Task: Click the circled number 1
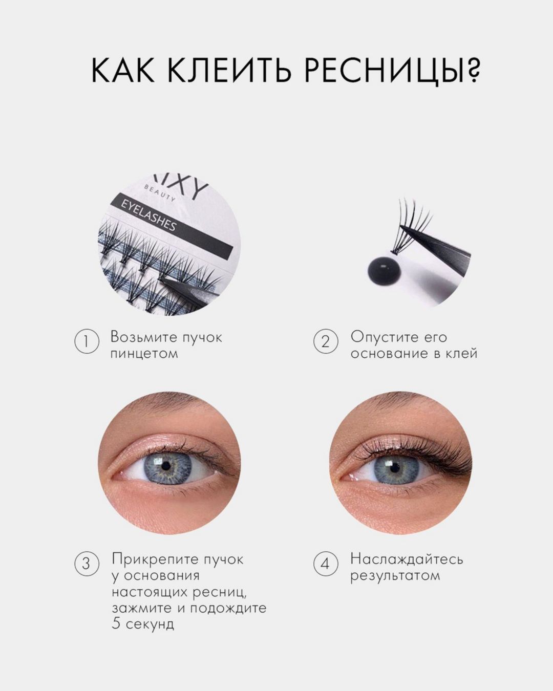87,342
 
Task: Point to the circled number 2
326,342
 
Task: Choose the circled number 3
87,564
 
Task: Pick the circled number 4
326,564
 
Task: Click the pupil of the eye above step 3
166,467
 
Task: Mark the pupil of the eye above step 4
393,467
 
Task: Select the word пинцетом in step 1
144,354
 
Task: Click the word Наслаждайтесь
407,558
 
